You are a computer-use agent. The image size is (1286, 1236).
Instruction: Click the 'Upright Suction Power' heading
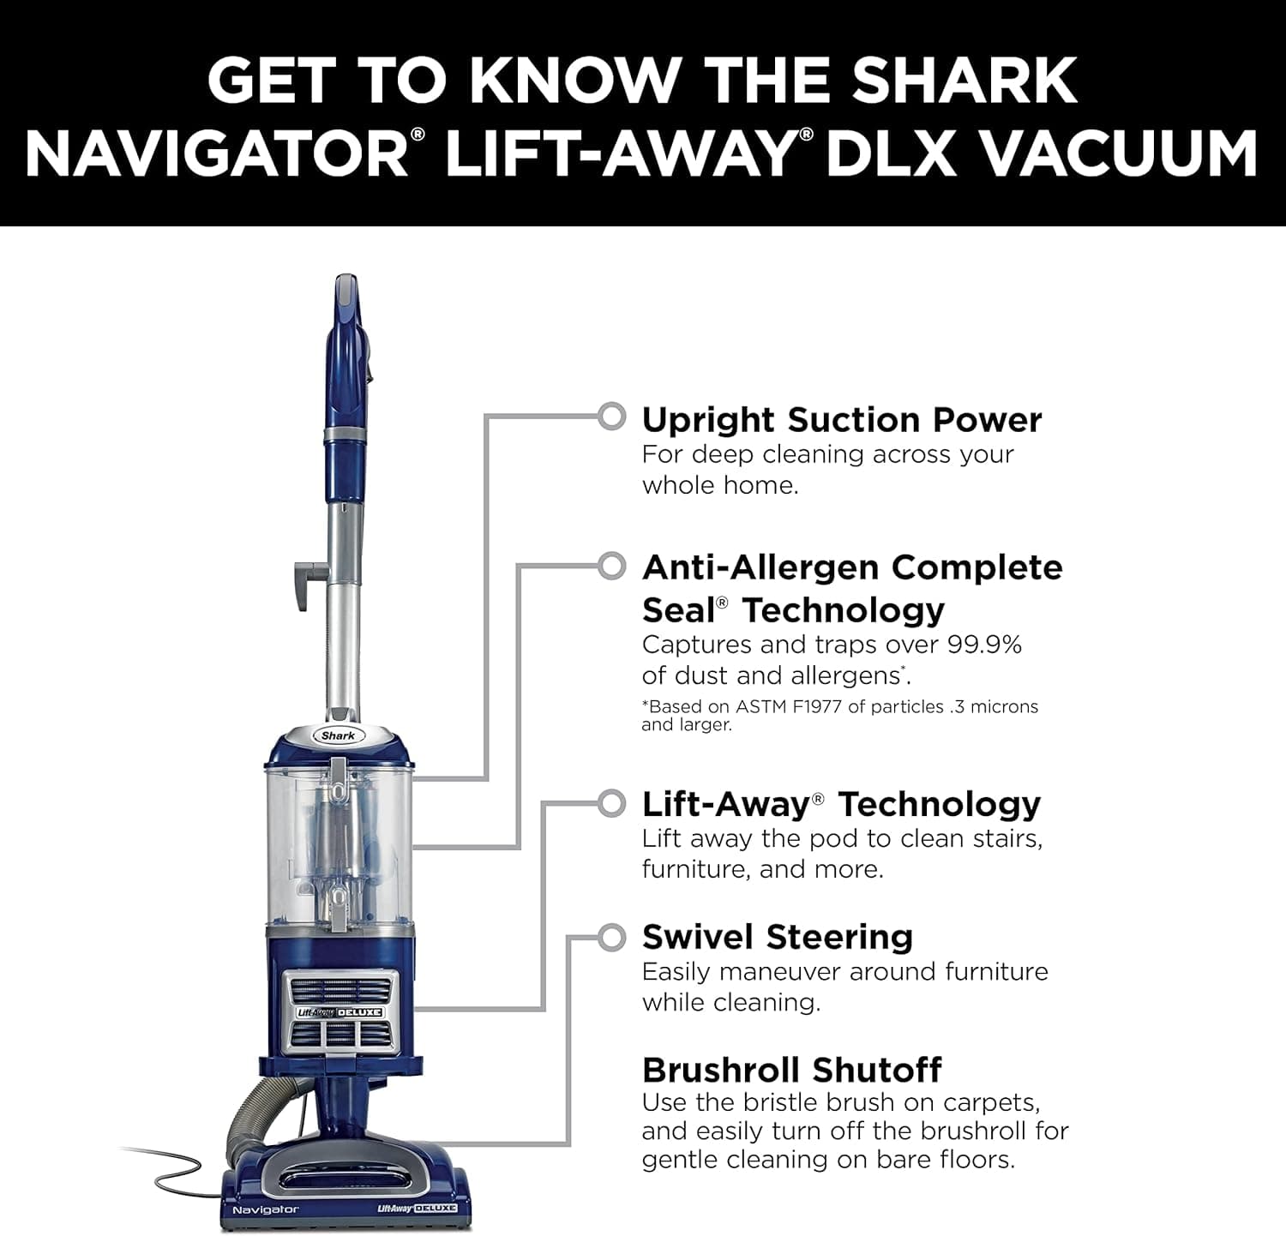click(x=841, y=420)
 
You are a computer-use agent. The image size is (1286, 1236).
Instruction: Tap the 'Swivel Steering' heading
click(x=777, y=937)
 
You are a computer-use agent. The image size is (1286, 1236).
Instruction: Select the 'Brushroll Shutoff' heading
click(x=791, y=1071)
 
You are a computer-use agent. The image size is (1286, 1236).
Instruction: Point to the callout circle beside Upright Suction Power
click(x=611, y=417)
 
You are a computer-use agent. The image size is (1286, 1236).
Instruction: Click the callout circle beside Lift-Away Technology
click(x=611, y=804)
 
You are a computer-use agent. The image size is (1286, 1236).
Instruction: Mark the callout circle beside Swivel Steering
click(x=611, y=938)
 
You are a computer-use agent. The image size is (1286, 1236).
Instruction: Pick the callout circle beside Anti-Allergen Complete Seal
click(x=611, y=567)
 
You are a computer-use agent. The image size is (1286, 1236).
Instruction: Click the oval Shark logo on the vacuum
click(x=338, y=735)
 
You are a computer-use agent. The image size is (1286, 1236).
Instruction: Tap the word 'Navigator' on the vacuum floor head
click(x=265, y=1209)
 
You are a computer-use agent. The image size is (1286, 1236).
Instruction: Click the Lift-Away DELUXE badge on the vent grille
click(x=340, y=1012)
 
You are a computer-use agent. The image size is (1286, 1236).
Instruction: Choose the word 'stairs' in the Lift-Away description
click(x=1007, y=838)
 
